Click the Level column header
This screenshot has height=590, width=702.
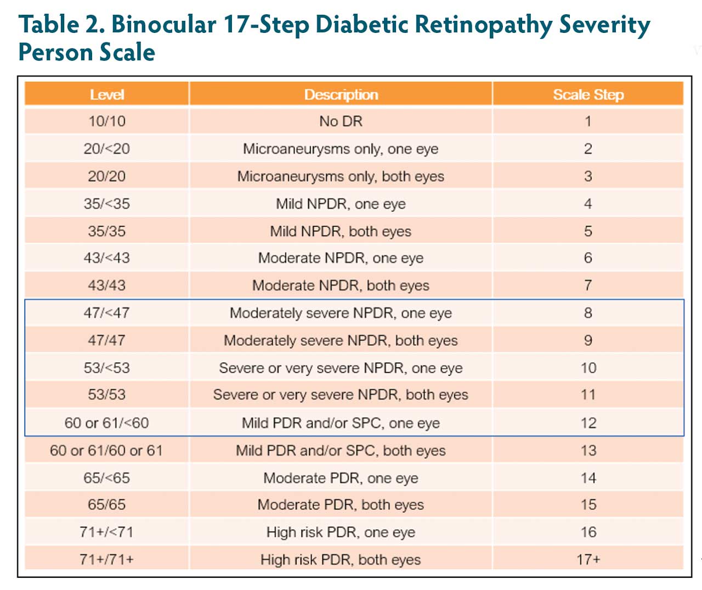pos(107,94)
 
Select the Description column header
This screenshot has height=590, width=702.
pos(341,94)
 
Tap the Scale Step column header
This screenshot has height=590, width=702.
pos(588,94)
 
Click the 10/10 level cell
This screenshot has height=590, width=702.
pos(107,121)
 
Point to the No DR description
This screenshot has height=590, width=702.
pos(341,121)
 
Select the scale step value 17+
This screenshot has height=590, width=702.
pos(588,559)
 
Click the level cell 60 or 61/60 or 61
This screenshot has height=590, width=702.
pos(106,451)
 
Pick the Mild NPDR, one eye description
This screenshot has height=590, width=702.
pos(341,204)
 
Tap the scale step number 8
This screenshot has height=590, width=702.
pos(588,313)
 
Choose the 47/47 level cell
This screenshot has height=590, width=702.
pos(107,340)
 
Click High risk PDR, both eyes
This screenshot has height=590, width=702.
pos(341,559)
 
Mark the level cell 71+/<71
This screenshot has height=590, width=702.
pos(107,532)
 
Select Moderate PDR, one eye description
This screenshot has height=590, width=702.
pos(341,478)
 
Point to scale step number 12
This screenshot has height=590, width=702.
pos(588,423)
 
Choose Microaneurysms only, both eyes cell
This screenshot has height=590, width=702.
pos(341,176)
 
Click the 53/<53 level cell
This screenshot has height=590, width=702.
pos(107,368)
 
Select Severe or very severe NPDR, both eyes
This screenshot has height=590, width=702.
pos(341,395)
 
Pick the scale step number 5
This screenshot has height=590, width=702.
pos(588,231)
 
